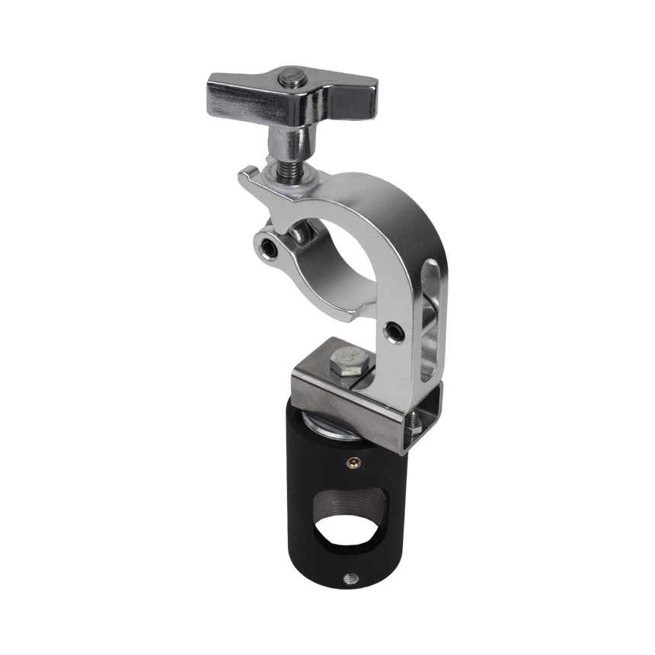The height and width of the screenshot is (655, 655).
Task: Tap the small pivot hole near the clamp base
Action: click(x=393, y=331)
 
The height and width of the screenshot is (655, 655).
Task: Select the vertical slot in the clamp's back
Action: click(x=430, y=320)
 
